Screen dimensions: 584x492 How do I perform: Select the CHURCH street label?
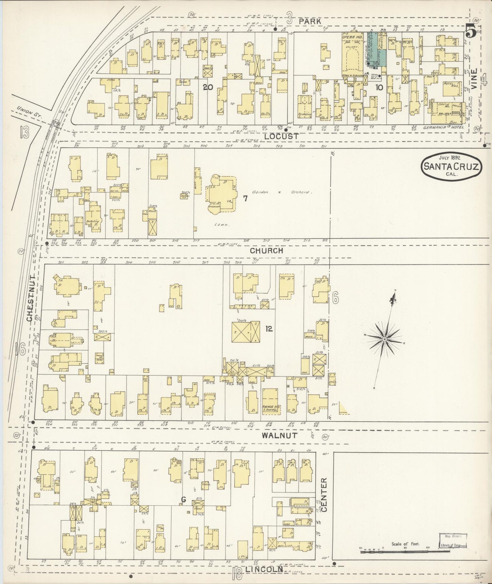tap(266, 251)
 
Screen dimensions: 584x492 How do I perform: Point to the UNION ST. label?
tap(27, 112)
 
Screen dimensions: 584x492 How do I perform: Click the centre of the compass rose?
tap(384, 339)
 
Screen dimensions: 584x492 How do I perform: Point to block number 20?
tap(208, 87)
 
